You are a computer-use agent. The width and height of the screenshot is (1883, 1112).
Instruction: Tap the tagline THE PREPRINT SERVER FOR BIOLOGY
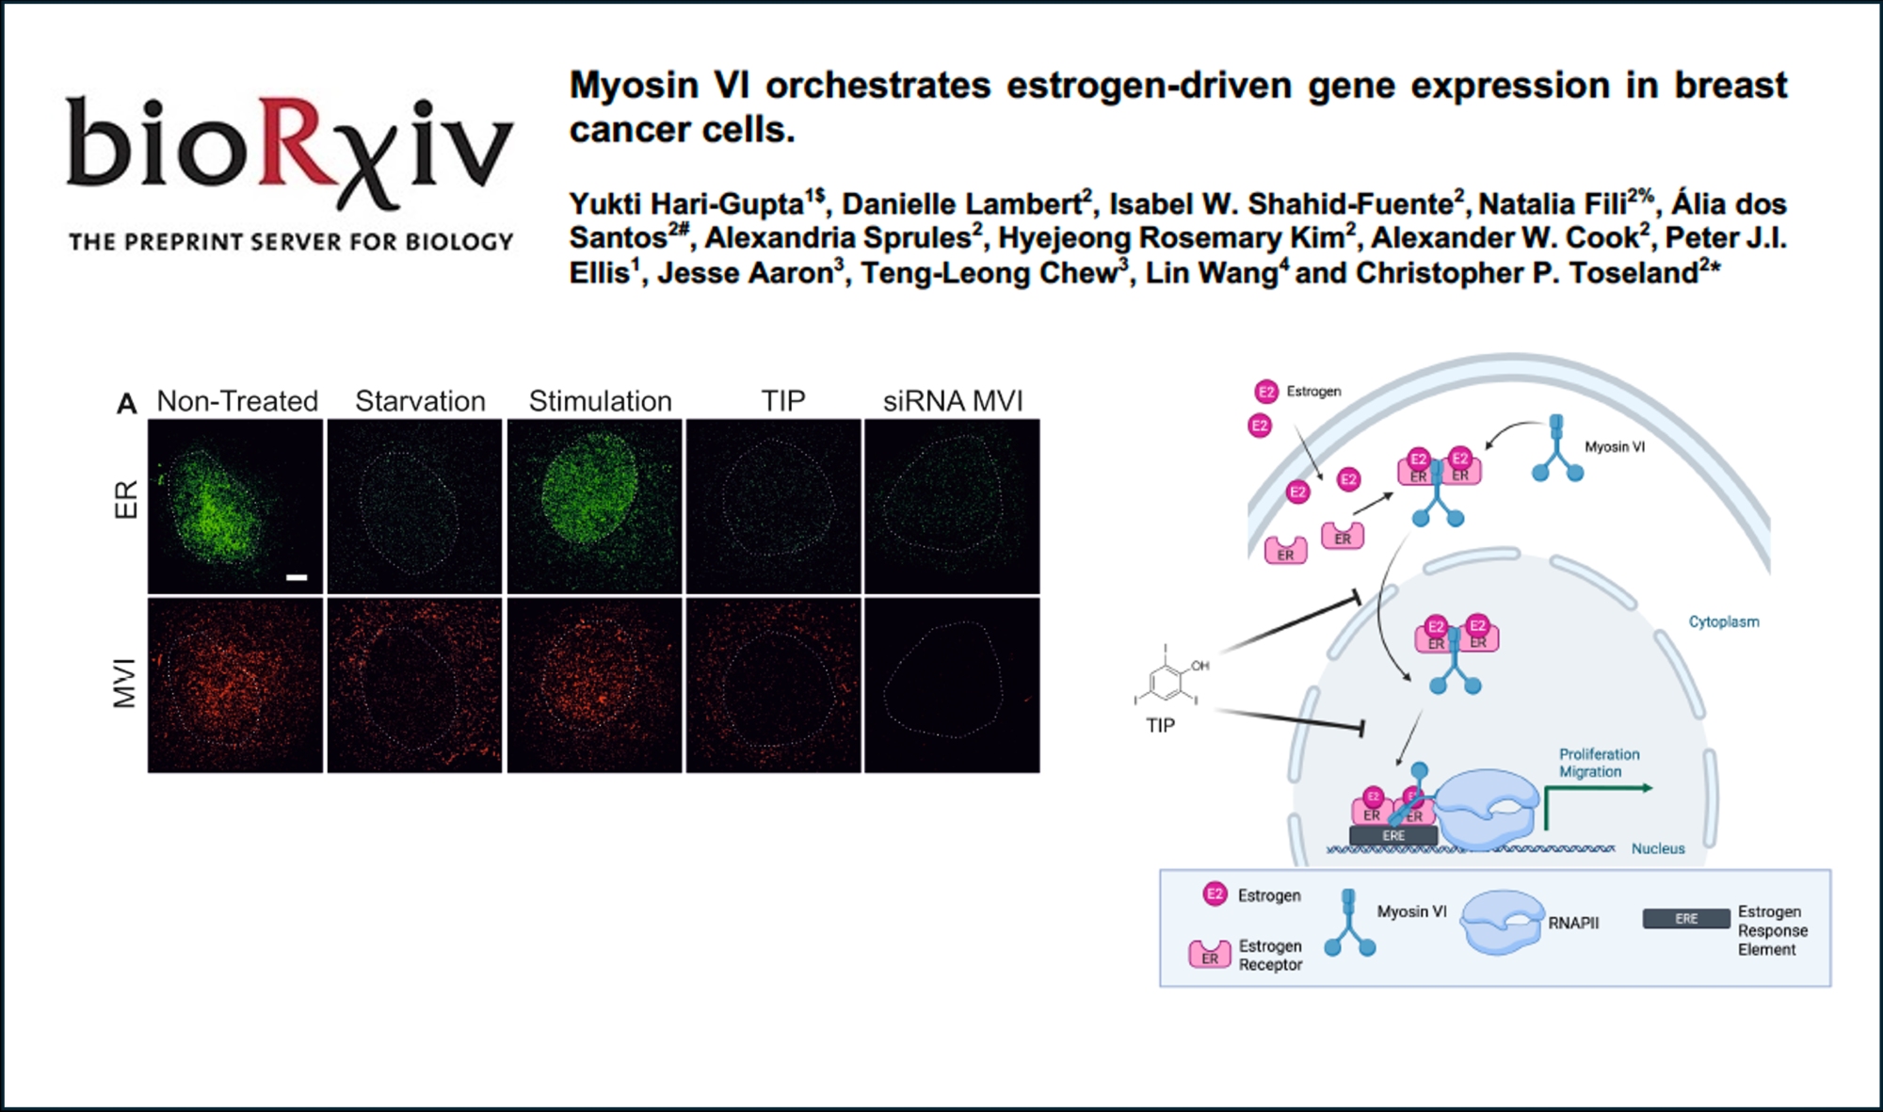click(291, 242)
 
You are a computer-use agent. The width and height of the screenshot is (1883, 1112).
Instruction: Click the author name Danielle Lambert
click(962, 203)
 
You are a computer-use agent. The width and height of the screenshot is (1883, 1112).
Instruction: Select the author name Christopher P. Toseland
click(1527, 273)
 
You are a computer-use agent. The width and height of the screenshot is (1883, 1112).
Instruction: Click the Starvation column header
click(420, 401)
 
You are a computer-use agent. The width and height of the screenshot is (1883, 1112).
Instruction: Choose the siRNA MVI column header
click(953, 401)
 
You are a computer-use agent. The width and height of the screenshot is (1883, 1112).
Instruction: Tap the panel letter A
click(127, 404)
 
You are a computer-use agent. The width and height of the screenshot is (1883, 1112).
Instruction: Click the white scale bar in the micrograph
click(297, 577)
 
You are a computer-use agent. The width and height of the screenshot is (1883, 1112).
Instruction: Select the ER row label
click(126, 499)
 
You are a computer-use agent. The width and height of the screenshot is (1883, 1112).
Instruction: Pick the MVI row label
click(124, 684)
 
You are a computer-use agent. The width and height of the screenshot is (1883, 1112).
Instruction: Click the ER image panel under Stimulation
click(594, 507)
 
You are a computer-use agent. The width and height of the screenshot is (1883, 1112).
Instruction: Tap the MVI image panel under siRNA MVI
click(952, 685)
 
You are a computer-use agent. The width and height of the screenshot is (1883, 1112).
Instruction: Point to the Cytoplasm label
click(1724, 621)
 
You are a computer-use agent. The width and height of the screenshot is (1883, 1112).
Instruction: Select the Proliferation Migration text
click(1600, 763)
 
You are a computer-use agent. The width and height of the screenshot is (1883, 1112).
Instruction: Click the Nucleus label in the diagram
click(1658, 848)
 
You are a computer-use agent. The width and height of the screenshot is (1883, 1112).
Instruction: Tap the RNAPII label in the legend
click(1573, 923)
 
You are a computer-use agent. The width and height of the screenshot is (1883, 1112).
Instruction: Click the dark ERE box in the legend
click(1686, 919)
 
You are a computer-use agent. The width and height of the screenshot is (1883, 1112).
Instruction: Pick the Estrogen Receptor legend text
click(1270, 955)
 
